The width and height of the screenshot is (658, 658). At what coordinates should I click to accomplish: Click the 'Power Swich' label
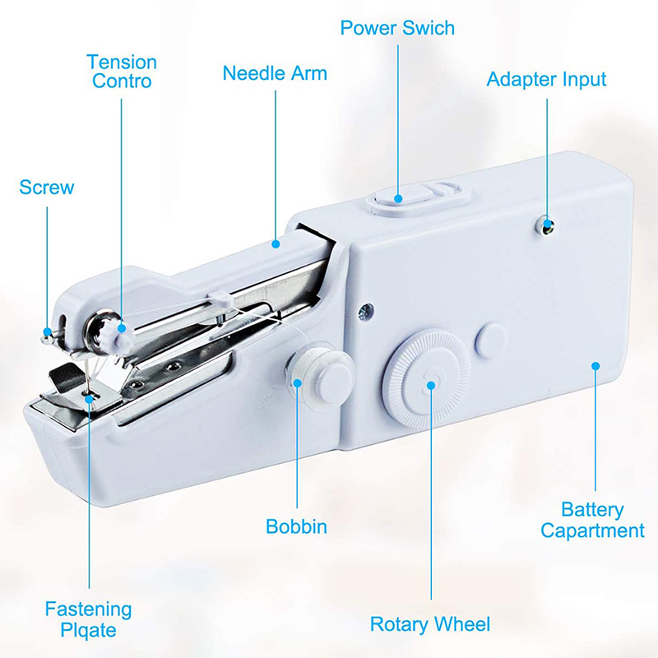coord(397,28)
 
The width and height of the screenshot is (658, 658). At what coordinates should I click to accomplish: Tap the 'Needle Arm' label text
coord(275,73)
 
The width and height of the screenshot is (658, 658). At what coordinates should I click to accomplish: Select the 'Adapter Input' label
coord(546,79)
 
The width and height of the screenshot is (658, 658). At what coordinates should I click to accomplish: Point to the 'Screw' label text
coord(47,188)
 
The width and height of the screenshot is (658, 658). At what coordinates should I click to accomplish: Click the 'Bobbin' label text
coord(296,526)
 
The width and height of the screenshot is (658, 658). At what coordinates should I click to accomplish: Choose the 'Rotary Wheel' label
coord(430,624)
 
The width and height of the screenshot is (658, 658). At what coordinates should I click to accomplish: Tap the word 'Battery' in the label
coord(592,510)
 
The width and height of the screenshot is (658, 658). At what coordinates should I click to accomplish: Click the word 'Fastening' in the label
coord(88,609)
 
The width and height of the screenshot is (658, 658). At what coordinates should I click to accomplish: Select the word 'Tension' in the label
coord(122,63)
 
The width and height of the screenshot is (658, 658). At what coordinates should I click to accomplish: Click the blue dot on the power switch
coord(398,198)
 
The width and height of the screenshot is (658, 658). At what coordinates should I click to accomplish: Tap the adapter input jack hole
coord(546,227)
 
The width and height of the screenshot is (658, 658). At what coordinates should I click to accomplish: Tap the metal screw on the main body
coord(365,312)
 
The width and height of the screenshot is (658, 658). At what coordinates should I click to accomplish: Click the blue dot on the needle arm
coord(276,243)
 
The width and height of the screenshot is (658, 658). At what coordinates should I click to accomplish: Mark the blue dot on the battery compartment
coord(595,366)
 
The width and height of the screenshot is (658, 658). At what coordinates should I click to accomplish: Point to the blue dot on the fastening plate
coord(90,399)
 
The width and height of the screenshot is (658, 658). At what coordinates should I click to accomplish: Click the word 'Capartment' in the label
coord(592,531)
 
